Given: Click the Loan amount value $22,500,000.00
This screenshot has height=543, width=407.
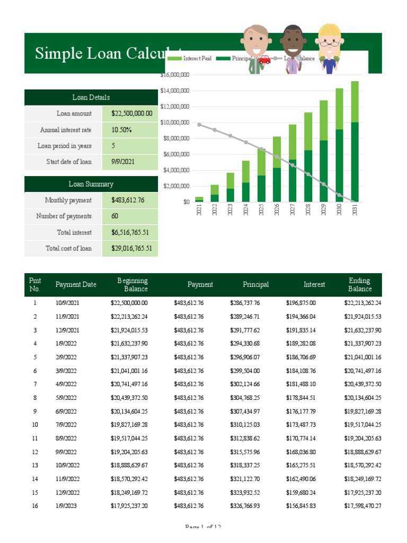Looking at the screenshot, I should (131, 113).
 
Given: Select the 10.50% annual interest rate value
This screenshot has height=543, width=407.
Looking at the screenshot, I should (121, 129).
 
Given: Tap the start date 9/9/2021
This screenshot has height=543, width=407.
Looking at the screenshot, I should (123, 162).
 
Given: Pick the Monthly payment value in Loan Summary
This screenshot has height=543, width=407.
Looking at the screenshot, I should (128, 200).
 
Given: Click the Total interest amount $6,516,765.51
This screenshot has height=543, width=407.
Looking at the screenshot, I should (130, 232).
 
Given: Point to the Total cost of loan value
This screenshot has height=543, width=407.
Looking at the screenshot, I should (131, 248).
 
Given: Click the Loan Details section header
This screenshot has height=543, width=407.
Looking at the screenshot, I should (91, 98).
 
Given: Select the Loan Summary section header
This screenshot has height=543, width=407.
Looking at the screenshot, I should (91, 184).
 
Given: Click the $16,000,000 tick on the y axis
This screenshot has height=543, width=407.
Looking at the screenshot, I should (174, 75).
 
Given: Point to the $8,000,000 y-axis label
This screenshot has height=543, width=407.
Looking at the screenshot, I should (175, 138).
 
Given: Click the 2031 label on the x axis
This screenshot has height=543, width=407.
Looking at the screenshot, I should (355, 211).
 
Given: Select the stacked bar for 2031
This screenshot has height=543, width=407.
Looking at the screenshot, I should (355, 141).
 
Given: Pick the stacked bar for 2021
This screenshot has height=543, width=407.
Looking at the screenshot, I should (199, 199).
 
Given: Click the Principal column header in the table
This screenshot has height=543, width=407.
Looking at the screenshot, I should (256, 285).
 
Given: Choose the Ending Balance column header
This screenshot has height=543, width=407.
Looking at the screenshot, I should (360, 285).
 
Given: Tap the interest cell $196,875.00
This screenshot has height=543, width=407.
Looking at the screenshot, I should (300, 303).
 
